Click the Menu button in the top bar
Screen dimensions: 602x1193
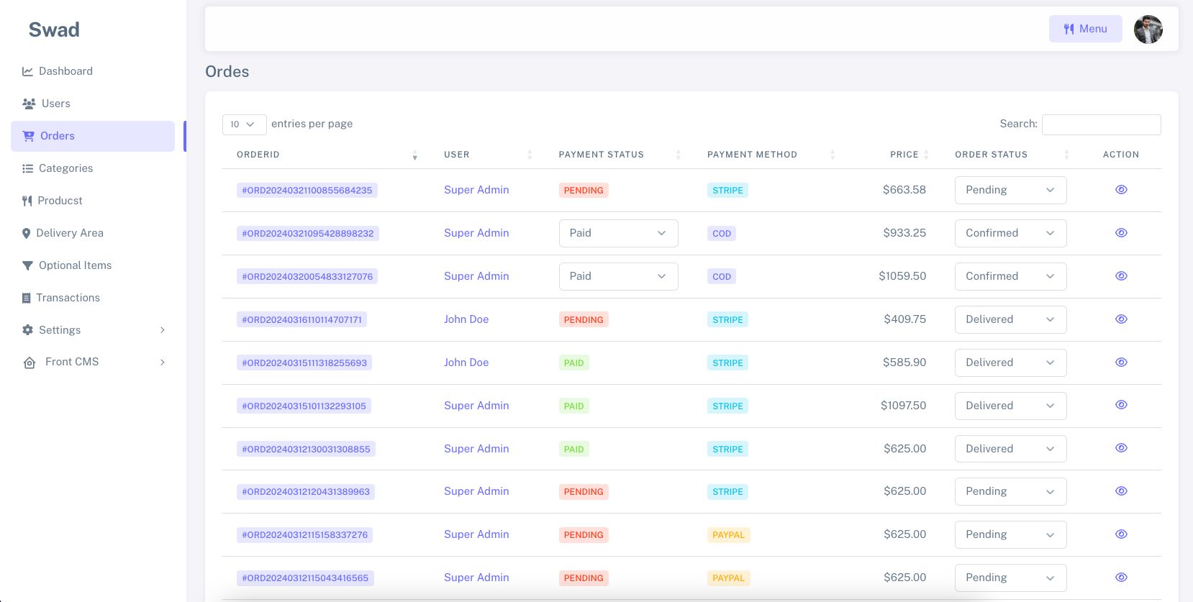[1085, 29]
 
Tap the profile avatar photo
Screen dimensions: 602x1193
[1148, 29]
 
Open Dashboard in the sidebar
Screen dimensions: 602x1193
[65, 71]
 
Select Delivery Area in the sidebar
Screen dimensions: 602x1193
[70, 233]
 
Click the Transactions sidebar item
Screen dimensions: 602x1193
[68, 298]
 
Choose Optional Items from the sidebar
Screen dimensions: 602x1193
[75, 265]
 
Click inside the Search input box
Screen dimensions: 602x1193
[1101, 124]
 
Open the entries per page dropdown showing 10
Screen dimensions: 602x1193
[244, 124]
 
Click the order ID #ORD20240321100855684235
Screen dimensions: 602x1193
[307, 191]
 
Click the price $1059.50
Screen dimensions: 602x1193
[902, 276]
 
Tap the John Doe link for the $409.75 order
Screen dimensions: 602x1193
[466, 319]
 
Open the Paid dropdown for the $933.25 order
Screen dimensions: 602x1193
[618, 233]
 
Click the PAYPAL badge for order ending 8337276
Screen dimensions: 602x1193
[728, 535]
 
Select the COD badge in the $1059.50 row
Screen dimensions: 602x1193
[722, 277]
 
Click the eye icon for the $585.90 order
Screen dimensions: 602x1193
[1121, 362]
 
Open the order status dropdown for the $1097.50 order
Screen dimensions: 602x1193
[1010, 406]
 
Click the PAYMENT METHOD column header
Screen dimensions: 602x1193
[752, 155]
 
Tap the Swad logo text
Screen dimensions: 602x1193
[54, 29]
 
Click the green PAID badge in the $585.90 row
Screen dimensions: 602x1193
[573, 363]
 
